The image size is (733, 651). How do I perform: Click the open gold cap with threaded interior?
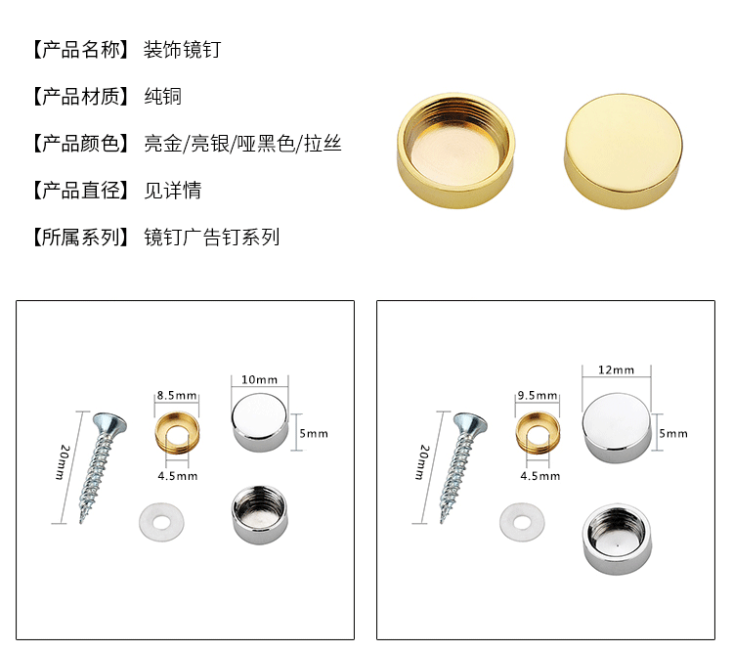[457, 152]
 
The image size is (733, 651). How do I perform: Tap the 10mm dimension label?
[259, 379]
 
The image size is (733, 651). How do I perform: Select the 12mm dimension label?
[616, 370]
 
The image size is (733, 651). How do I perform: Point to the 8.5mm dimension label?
[176, 396]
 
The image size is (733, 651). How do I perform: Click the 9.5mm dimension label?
[538, 396]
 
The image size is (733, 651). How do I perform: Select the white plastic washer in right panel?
[517, 520]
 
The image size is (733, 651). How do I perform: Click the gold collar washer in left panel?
[176, 432]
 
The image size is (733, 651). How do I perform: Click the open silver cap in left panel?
[259, 514]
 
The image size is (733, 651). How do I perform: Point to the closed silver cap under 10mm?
[260, 422]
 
